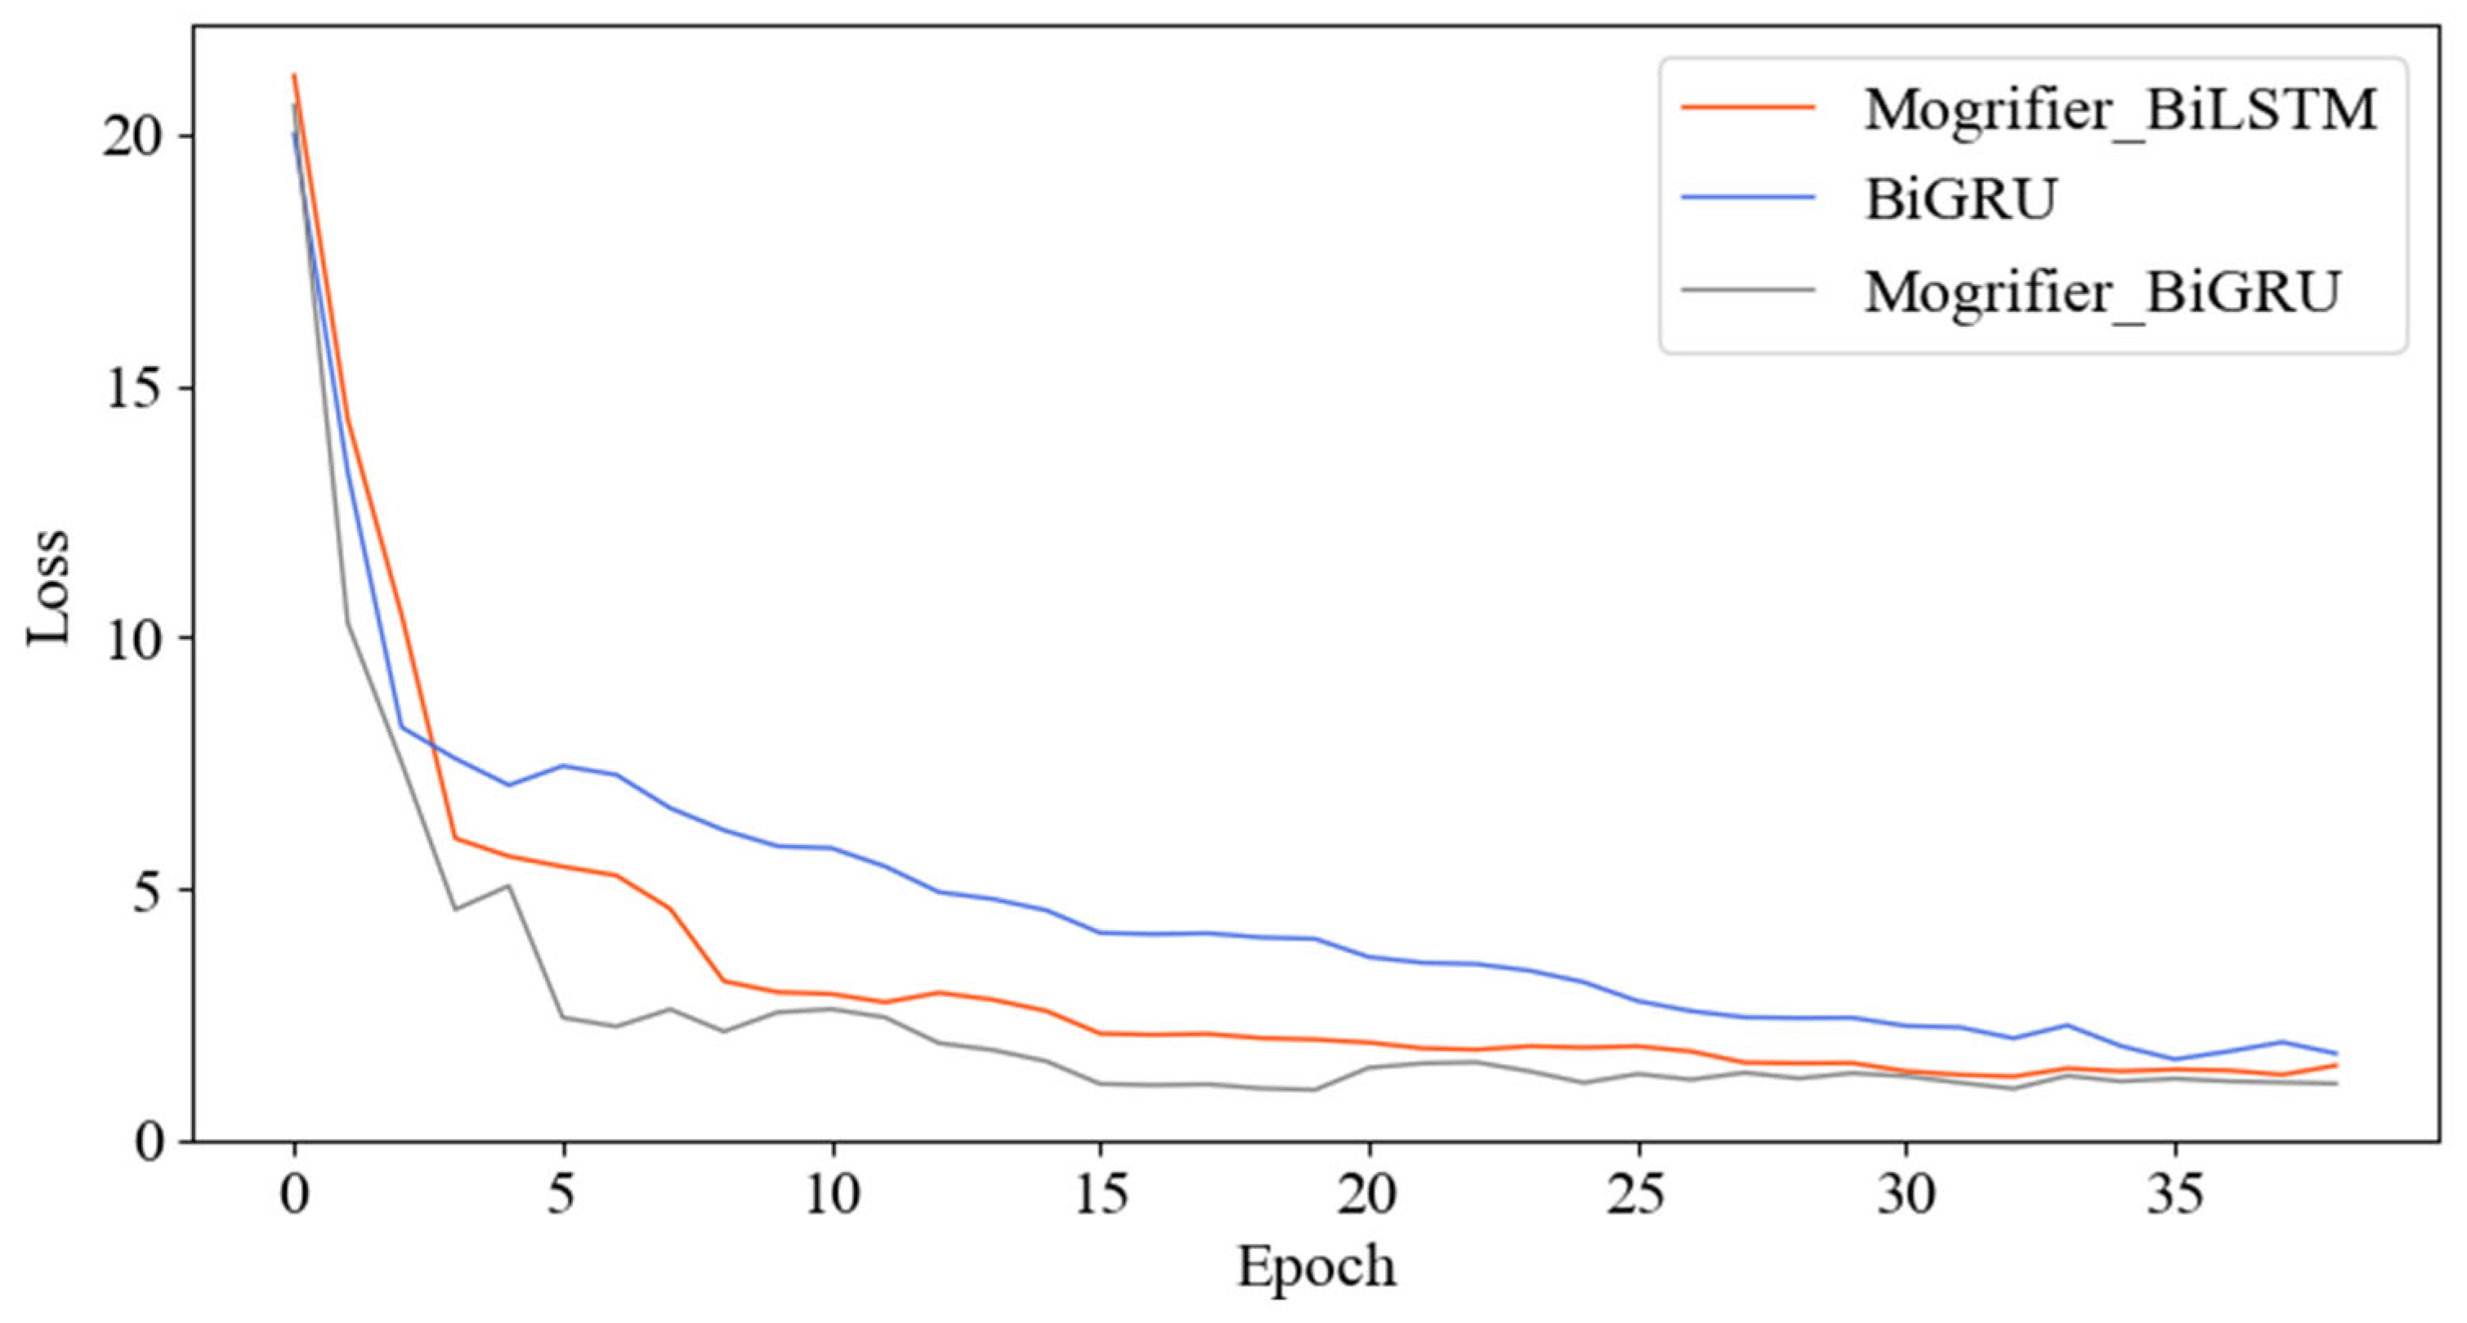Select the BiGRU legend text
point(1960,199)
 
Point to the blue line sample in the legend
point(1748,198)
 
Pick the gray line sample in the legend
point(1748,288)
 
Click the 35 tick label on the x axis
point(2175,1196)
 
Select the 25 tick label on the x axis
point(1638,1196)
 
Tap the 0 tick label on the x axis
point(294,1196)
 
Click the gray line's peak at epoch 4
point(508,885)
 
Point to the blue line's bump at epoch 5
point(563,766)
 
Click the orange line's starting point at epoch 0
point(294,74)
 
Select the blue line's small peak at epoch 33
point(2067,1025)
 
